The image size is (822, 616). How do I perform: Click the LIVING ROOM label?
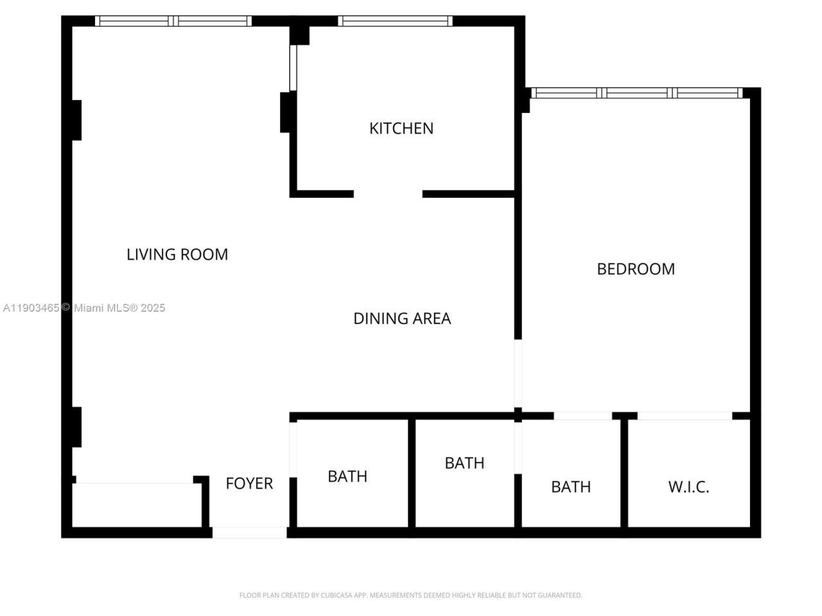tap(177, 255)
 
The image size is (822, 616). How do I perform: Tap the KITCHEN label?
tap(401, 128)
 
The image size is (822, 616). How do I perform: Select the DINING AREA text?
tap(402, 318)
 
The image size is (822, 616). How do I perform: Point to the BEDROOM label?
tap(636, 269)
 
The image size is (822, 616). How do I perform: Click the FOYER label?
tap(249, 483)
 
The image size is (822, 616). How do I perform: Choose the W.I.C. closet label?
tap(688, 487)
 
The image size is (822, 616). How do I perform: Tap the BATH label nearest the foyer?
tap(347, 476)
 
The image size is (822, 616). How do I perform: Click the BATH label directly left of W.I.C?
tap(571, 487)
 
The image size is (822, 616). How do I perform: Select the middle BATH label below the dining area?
tap(464, 463)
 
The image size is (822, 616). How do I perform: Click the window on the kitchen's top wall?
tap(395, 21)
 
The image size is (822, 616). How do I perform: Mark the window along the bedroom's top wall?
tap(637, 93)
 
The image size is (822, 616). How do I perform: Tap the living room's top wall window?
tap(173, 21)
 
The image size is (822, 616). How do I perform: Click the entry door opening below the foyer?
tap(249, 532)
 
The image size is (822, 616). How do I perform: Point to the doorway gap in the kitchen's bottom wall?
tap(388, 194)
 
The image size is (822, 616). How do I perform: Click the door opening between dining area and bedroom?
tap(518, 373)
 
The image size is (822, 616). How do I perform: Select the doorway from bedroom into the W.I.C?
tap(685, 416)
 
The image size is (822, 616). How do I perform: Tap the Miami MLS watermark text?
tap(84, 308)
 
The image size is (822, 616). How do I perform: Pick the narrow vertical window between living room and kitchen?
tap(293, 67)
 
